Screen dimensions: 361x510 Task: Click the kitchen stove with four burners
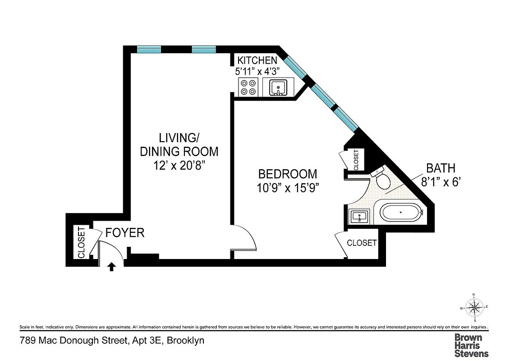[x=248, y=87]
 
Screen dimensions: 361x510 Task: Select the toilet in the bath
[x=382, y=180]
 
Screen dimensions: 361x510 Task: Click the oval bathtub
[x=400, y=212]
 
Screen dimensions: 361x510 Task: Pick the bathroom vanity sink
[x=359, y=218]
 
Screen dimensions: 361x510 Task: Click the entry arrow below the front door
[x=111, y=267]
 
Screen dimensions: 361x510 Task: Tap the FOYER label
[x=125, y=233]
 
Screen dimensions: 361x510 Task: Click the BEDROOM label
[x=287, y=174]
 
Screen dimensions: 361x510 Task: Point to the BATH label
[x=441, y=169]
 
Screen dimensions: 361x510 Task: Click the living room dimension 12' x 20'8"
[x=179, y=166]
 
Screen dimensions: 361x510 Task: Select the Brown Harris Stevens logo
[x=471, y=346]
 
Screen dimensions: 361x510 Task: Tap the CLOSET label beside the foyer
[x=81, y=242]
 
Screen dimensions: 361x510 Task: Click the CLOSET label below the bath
[x=362, y=243]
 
